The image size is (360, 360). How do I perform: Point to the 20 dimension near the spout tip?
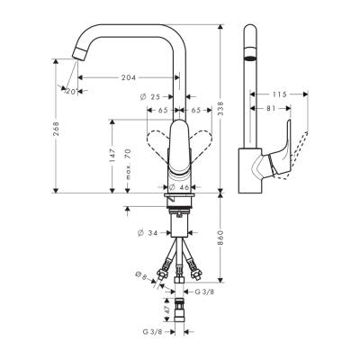click(69, 90)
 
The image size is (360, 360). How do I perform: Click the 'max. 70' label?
click(130, 165)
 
